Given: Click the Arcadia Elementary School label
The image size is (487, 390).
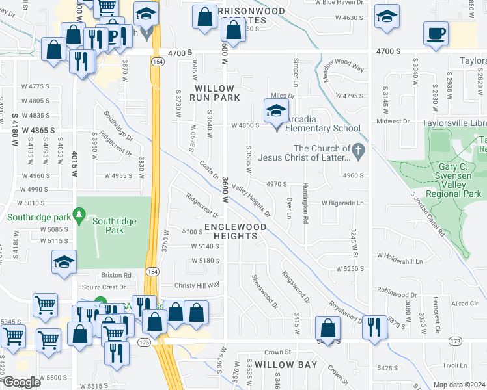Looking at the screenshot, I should tap(319, 127).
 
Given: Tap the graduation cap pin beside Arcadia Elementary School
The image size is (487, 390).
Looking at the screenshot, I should tap(276, 111).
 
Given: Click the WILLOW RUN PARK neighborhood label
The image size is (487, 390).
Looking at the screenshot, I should tap(214, 92).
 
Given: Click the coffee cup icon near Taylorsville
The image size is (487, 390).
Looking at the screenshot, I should tap(435, 33).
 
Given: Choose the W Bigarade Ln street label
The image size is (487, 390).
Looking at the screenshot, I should tap(341, 203).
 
